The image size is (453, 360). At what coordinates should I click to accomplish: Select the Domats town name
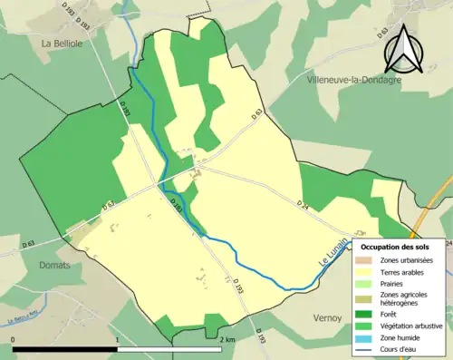pos(57,265)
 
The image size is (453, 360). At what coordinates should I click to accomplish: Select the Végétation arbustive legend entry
pos(404,326)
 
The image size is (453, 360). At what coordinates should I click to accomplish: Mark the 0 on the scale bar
pos(14,340)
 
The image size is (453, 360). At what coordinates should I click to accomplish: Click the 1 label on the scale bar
pos(118,340)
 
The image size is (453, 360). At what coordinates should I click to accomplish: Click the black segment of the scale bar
pos(65,349)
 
